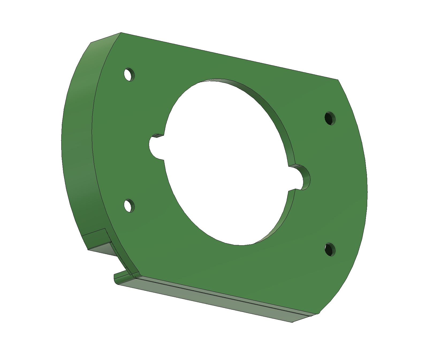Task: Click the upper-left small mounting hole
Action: pyautogui.click(x=129, y=74)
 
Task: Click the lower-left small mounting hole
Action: pyautogui.click(x=129, y=205)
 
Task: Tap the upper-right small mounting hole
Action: pyautogui.click(x=330, y=118)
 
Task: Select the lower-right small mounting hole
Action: pyautogui.click(x=330, y=249)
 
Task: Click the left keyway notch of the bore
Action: pyautogui.click(x=155, y=147)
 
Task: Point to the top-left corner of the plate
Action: pyautogui.click(x=121, y=33)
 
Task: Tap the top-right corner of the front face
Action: pyautogui.click(x=338, y=80)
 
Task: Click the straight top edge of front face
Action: pyautogui.click(x=227, y=56)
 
